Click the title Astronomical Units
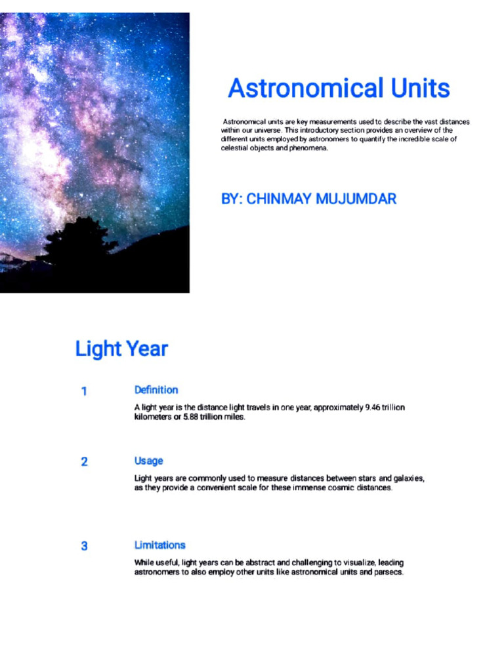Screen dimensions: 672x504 pyautogui.click(x=339, y=88)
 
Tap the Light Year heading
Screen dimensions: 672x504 pyautogui.click(x=121, y=348)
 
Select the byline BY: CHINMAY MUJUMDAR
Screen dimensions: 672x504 pyautogui.click(x=308, y=198)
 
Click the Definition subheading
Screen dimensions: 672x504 pyautogui.click(x=156, y=390)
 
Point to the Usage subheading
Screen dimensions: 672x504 pyautogui.click(x=149, y=461)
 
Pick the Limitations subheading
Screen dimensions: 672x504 pyautogui.click(x=160, y=545)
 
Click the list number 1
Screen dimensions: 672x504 pyautogui.click(x=84, y=391)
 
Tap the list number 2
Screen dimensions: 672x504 pyautogui.click(x=84, y=462)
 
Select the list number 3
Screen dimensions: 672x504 pyautogui.click(x=84, y=546)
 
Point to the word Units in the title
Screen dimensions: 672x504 pyautogui.click(x=420, y=88)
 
